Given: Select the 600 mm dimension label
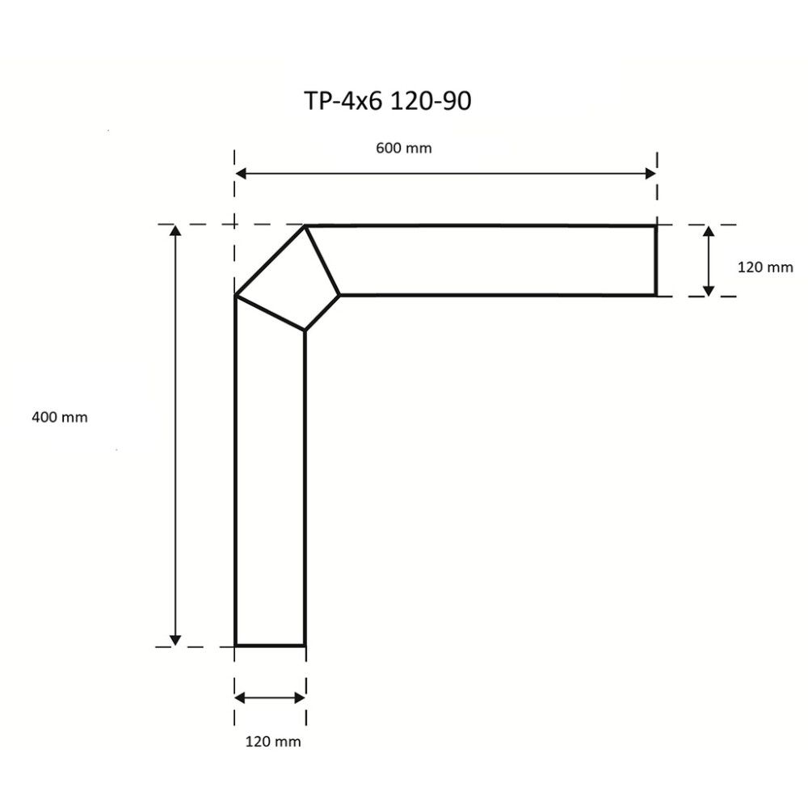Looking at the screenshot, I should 404,148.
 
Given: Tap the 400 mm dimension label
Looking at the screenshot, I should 59,417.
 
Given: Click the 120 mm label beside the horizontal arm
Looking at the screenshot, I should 765,267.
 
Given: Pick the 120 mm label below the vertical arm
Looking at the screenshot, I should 273,741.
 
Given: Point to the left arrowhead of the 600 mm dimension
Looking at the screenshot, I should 240,173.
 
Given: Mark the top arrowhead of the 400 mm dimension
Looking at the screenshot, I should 175,231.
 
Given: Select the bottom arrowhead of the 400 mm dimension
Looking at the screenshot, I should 175,640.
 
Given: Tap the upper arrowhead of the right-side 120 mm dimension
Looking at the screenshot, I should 709,231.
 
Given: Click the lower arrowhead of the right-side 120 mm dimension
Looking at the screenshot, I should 709,290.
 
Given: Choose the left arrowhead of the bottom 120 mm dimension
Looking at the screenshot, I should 240,697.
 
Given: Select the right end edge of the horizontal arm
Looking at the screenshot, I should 654,260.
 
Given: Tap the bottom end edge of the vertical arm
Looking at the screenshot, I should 270,646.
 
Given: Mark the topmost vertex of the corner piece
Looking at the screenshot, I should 305,226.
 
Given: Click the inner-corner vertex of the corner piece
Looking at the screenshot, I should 305,330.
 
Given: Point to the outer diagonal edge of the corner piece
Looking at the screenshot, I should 270,261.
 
